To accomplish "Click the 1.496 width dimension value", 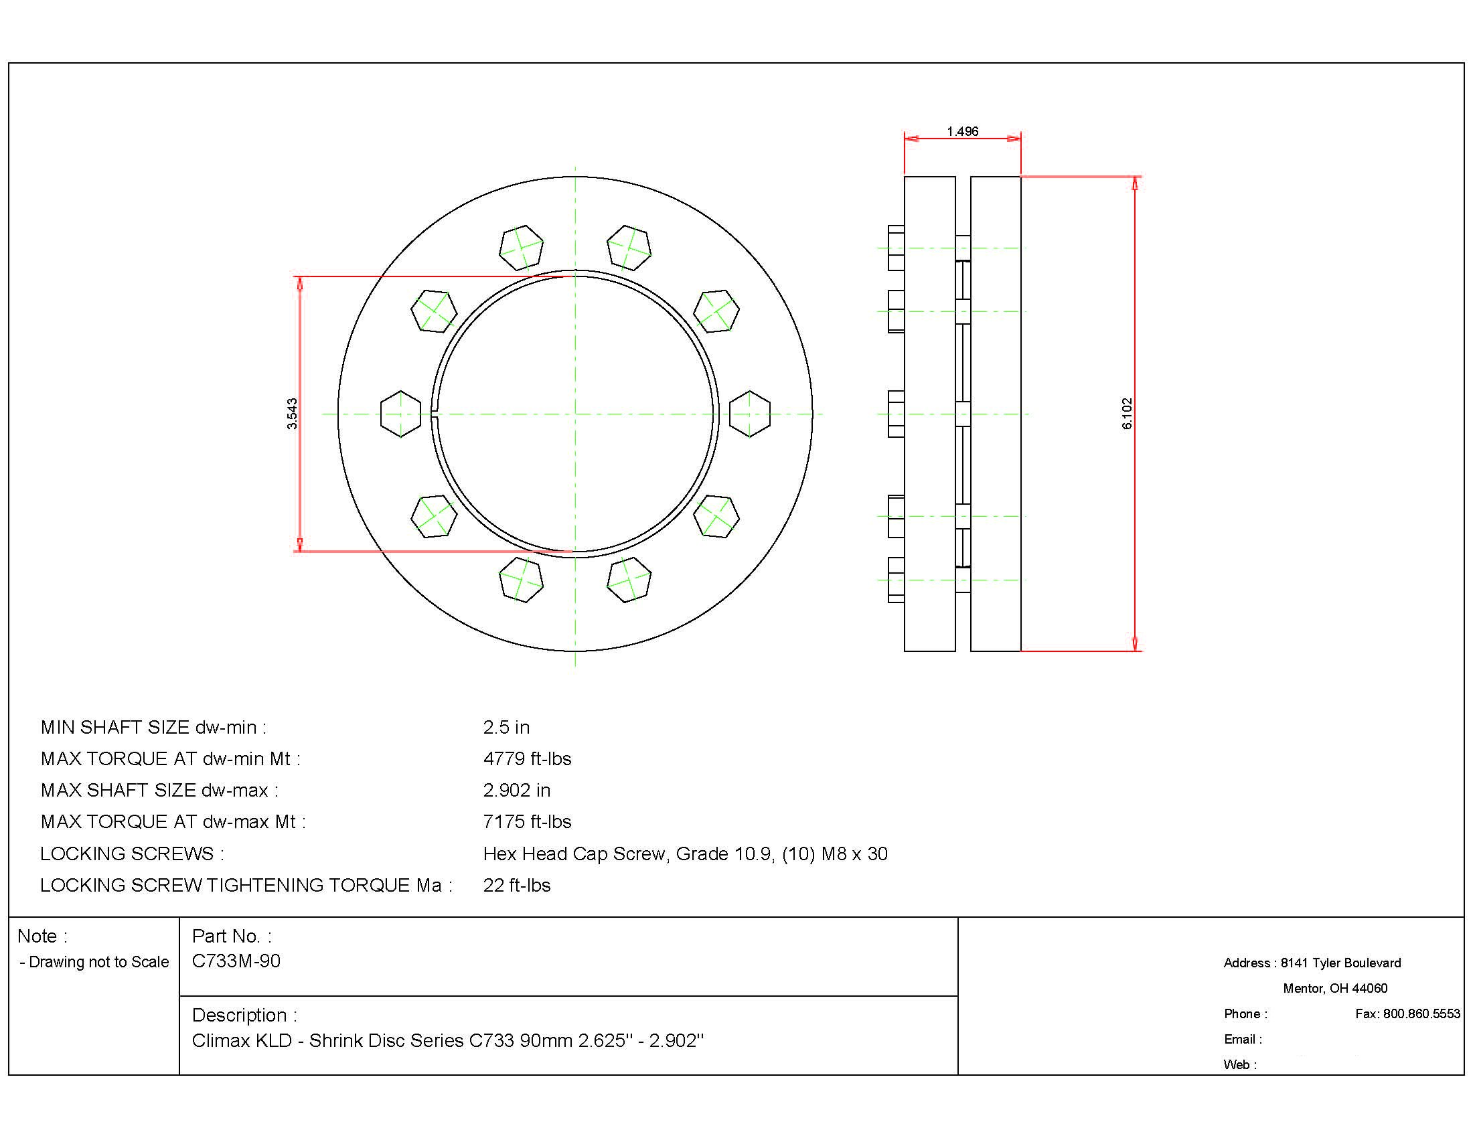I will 961,131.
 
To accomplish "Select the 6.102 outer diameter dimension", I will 1127,413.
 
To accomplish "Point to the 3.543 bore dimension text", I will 292,413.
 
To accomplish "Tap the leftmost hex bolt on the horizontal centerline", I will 400,414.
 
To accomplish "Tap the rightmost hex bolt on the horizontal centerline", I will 750,414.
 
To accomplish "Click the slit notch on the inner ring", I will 435,414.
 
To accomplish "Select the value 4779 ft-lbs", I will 527,758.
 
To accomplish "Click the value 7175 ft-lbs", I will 527,821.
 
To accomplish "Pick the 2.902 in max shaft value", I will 517,790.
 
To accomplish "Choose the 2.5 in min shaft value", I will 506,728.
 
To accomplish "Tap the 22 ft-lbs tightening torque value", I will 517,884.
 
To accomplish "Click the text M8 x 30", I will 854,853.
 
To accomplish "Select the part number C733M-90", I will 236,961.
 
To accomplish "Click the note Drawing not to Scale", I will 94,962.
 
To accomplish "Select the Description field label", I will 244,1015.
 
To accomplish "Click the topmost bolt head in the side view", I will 896,248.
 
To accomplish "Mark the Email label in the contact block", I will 1242,1039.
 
